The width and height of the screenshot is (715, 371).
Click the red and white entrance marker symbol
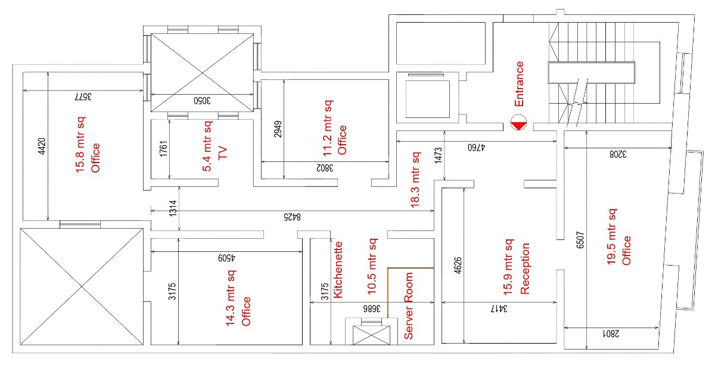(x=518, y=123)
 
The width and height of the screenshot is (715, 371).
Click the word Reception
(x=526, y=269)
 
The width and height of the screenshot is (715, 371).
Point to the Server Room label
(x=409, y=306)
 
